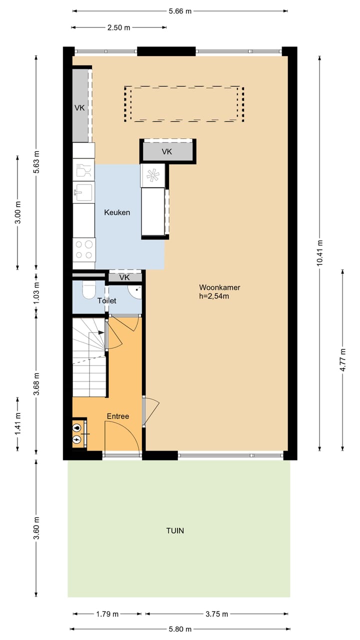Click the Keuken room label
click(x=117, y=212)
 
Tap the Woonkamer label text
click(x=219, y=287)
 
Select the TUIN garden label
click(x=175, y=531)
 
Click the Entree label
click(x=117, y=416)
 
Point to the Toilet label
click(x=107, y=301)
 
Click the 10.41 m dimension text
click(x=319, y=253)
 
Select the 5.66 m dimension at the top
click(x=180, y=11)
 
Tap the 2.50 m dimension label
click(x=118, y=27)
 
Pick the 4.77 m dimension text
click(x=342, y=360)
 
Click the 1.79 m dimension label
click(x=107, y=614)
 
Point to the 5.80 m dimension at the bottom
click(x=180, y=629)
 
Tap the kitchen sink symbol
click(x=83, y=192)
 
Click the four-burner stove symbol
click(x=84, y=249)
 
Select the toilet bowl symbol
click(x=89, y=289)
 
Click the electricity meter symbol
click(x=76, y=439)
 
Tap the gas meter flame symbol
click(x=76, y=427)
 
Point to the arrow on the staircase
click(x=101, y=332)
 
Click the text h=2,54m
click(x=214, y=296)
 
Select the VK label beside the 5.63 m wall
click(x=79, y=108)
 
